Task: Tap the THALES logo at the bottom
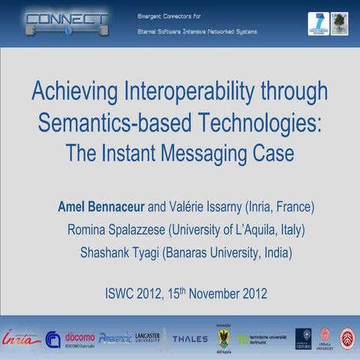tap(190, 339)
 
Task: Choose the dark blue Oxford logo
tap(303, 338)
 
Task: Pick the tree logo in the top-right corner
tap(339, 23)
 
